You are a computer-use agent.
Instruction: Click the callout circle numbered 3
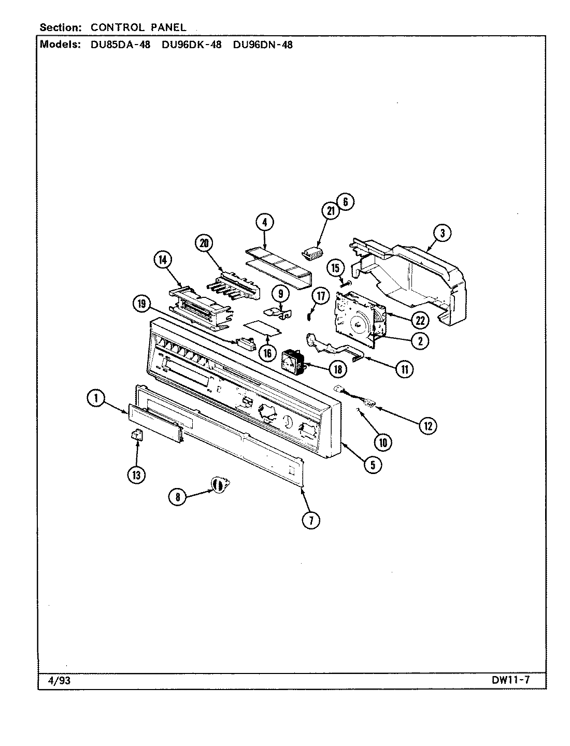(x=442, y=233)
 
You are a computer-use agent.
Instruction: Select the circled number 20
(x=204, y=243)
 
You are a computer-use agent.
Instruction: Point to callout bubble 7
(x=311, y=520)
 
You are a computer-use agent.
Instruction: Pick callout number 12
(x=429, y=426)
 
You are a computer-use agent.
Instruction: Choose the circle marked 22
(x=419, y=321)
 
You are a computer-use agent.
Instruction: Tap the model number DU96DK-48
(x=191, y=45)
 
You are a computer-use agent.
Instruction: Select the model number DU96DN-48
(x=263, y=45)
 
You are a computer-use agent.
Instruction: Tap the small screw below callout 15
(x=344, y=283)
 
